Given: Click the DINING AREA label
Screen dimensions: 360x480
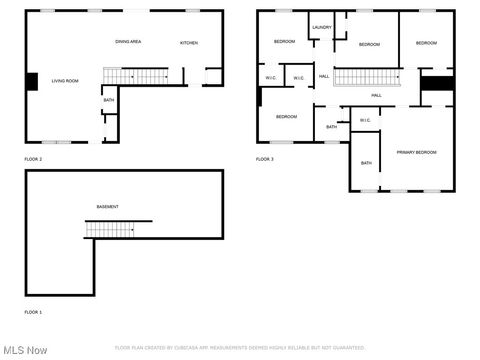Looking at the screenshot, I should (127, 42).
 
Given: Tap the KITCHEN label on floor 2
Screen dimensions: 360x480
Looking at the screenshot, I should (188, 43).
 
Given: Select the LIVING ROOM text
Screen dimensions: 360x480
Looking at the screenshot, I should (65, 81).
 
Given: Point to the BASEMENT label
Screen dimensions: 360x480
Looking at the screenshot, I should (107, 207).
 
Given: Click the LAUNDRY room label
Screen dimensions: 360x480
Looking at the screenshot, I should (321, 28).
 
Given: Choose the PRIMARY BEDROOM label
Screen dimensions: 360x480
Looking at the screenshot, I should (416, 152).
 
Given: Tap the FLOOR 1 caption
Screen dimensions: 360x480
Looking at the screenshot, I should (33, 312).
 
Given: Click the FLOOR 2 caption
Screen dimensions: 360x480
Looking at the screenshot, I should (33, 159).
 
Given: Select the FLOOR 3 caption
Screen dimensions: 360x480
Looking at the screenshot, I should (264, 159).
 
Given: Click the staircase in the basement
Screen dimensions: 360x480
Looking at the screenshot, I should (109, 229).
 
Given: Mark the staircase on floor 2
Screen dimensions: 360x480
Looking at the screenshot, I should (136, 76).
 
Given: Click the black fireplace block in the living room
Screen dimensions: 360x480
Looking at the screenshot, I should (31, 82).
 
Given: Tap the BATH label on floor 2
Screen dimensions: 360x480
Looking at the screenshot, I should (108, 100).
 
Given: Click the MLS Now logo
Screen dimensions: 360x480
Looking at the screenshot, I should (25, 350).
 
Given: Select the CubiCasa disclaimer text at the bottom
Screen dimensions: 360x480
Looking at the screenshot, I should (240, 348).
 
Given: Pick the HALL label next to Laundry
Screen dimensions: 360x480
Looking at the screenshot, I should (324, 77).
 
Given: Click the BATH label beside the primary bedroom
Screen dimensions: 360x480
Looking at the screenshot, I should (366, 163).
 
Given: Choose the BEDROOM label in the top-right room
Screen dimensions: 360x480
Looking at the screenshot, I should (427, 43).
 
